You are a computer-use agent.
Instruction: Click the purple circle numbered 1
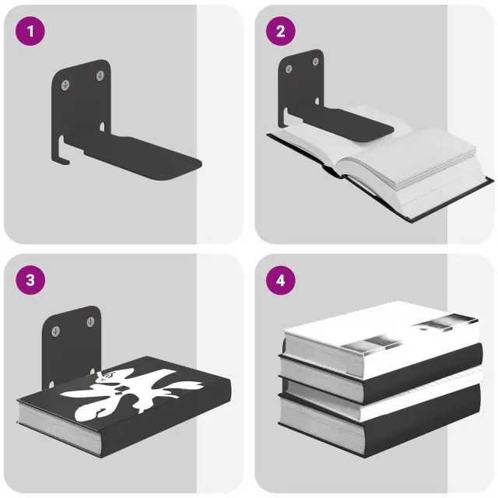[30, 31]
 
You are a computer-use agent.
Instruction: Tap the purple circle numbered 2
[281, 31]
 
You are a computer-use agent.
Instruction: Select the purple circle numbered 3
[30, 280]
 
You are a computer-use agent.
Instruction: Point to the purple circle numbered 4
[281, 280]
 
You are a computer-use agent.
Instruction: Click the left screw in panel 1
[65, 85]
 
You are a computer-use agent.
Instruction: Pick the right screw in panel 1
[100, 75]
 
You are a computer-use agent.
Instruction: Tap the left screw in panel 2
[289, 69]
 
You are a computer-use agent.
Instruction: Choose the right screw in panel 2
[315, 61]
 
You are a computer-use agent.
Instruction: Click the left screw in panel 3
[56, 331]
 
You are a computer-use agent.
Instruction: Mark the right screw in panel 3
[90, 322]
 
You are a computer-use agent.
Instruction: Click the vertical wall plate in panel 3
[72, 343]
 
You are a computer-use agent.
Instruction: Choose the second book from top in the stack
[381, 375]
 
